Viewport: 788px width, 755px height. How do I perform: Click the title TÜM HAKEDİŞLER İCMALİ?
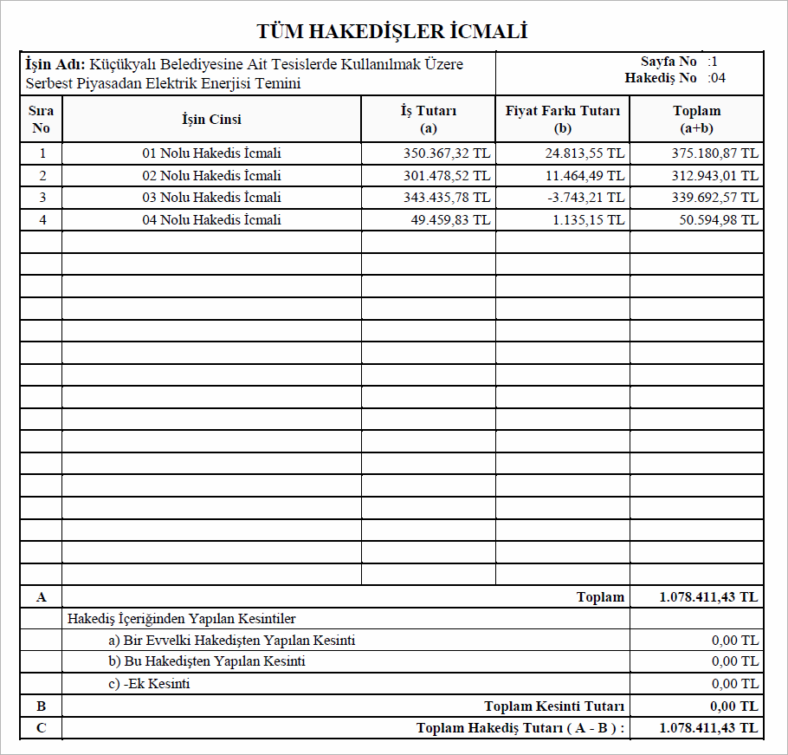392,32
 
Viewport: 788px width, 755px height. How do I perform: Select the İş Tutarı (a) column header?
428,119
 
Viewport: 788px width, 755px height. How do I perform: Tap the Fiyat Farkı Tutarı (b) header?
563,119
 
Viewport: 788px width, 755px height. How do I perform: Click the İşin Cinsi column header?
211,119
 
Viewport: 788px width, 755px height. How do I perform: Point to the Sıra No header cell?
41,119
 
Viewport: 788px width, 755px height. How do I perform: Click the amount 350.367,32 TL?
447,153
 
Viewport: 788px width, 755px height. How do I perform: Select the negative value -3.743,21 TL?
585,198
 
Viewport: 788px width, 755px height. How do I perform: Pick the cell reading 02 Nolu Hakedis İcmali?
211,176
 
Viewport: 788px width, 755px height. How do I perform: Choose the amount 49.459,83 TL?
450,220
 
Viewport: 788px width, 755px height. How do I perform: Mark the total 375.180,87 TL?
715,153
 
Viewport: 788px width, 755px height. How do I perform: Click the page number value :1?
713,62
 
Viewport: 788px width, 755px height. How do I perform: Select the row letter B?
41,706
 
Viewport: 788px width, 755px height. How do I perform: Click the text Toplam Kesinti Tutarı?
554,706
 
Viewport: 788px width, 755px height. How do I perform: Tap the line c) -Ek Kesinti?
149,684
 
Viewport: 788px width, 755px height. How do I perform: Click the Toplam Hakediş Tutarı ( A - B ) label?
520,728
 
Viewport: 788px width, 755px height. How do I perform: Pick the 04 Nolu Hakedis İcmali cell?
211,220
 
